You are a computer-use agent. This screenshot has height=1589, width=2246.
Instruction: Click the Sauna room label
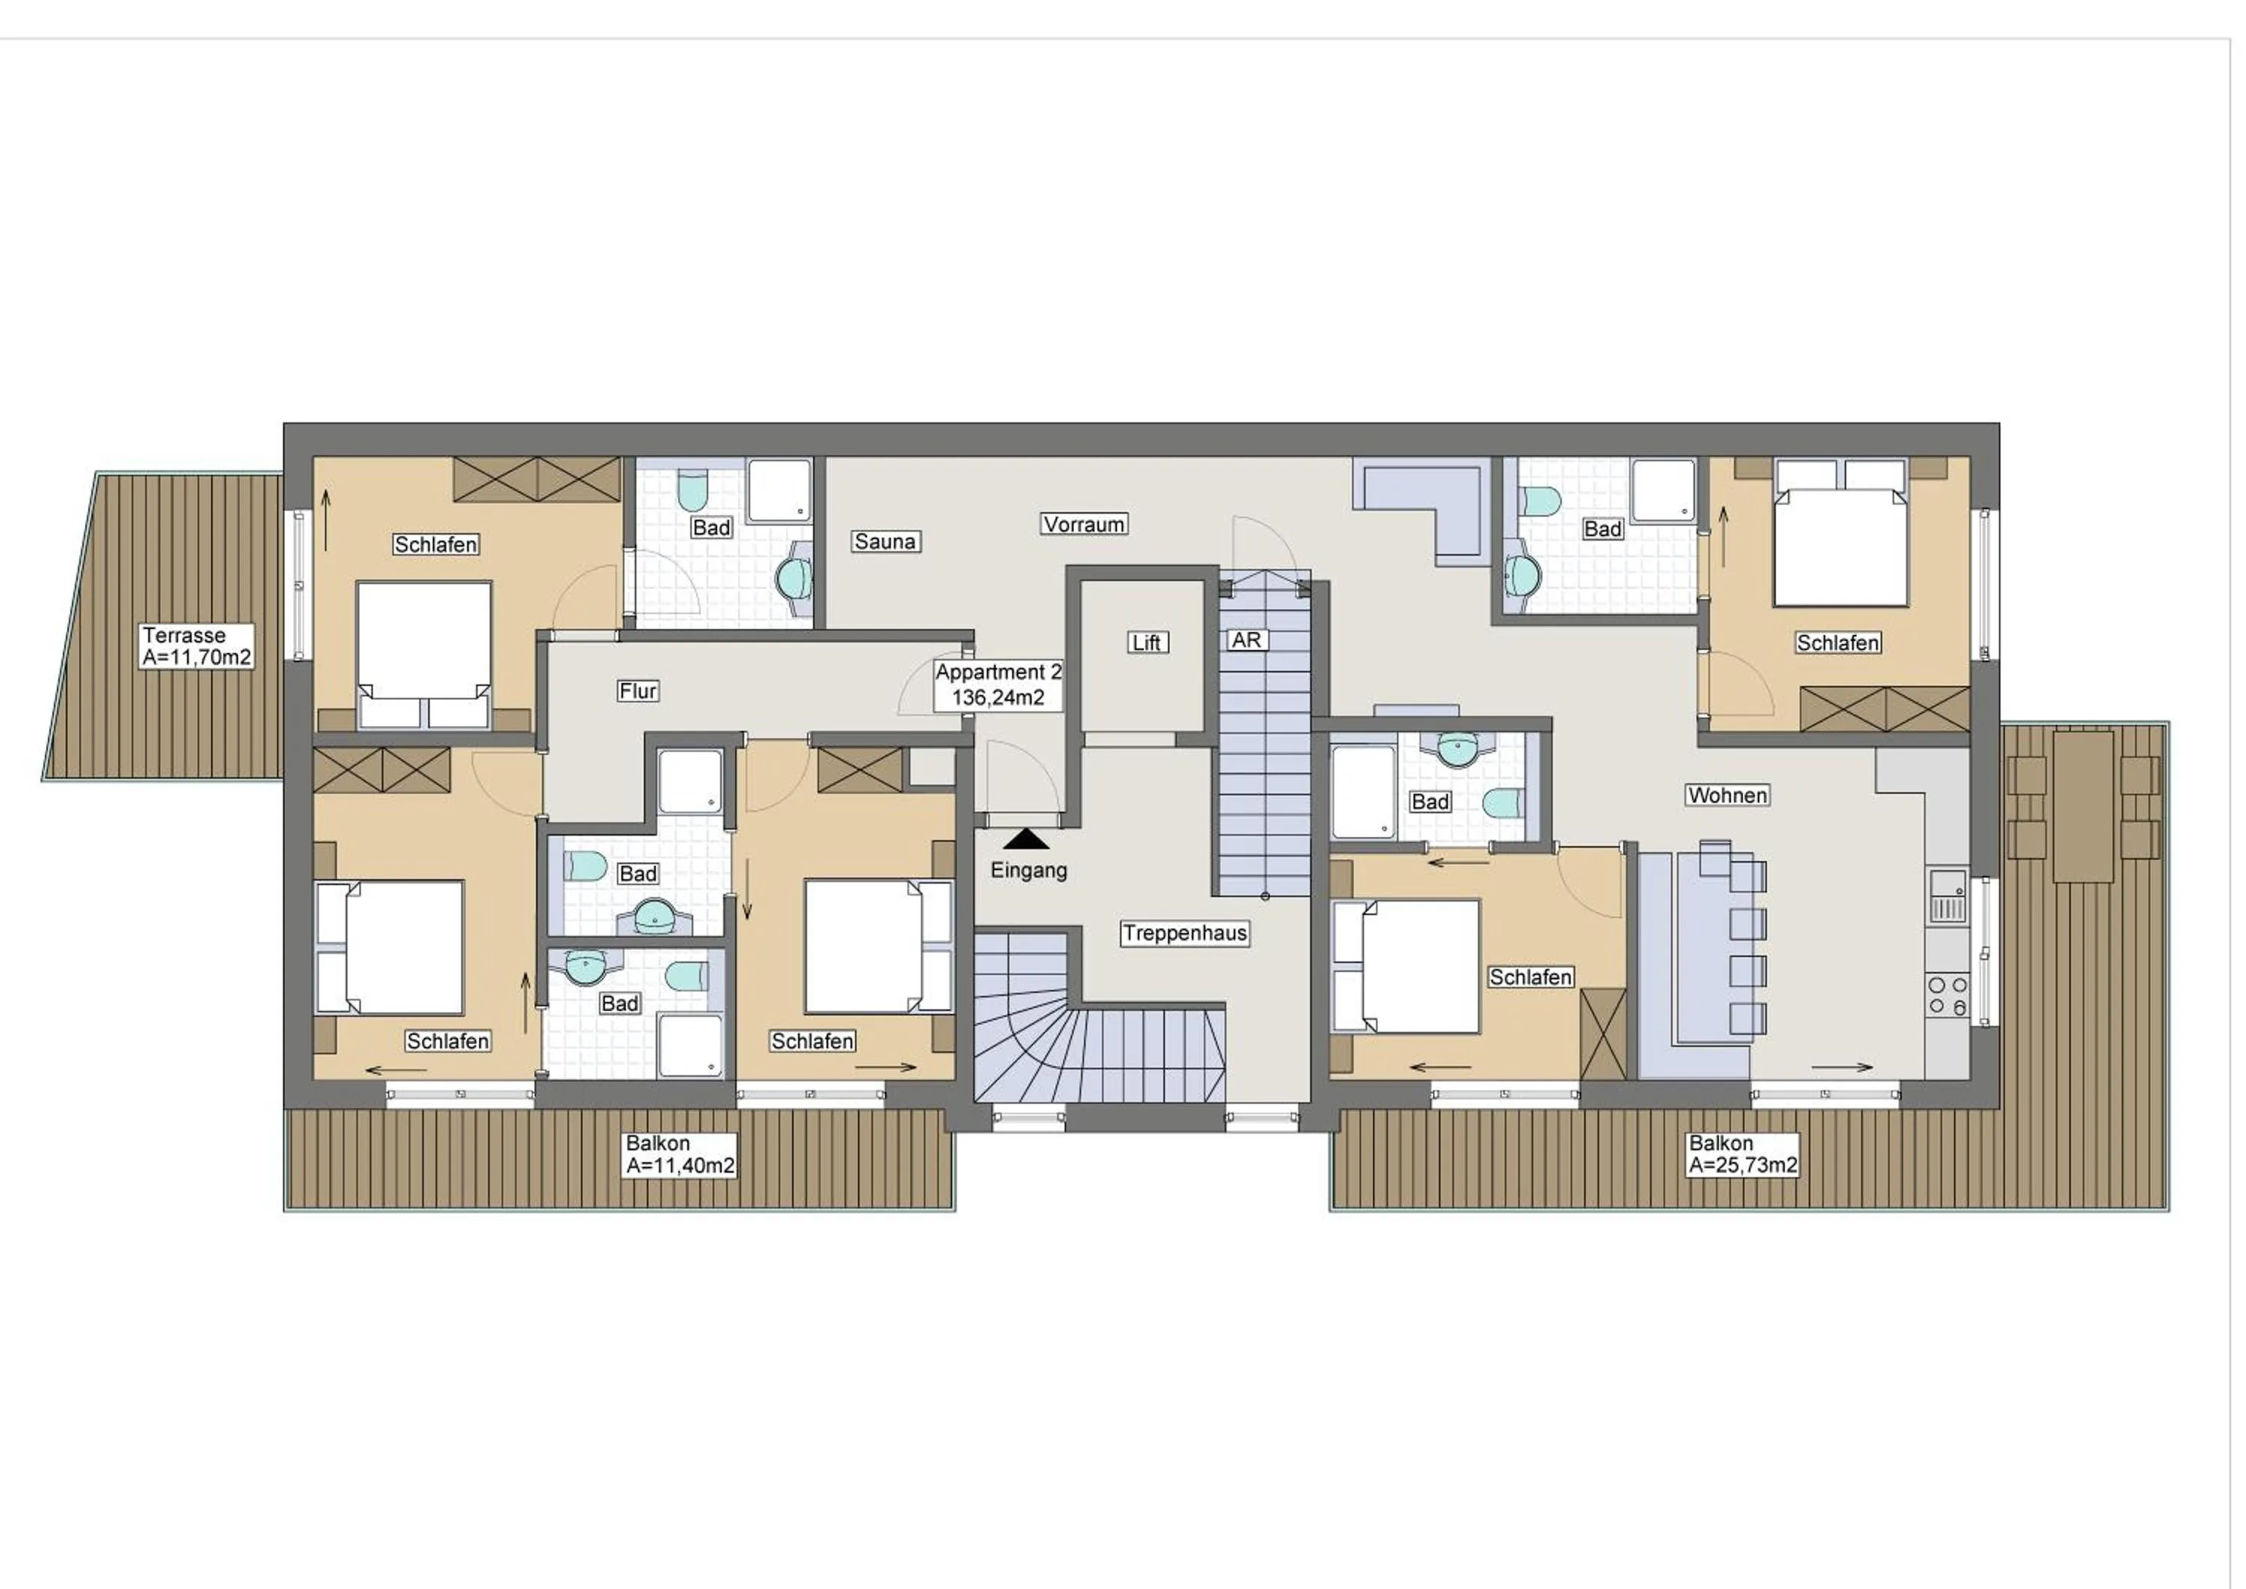884,541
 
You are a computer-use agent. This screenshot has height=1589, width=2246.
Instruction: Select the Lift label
1146,642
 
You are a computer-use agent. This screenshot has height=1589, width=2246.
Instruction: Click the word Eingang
1028,870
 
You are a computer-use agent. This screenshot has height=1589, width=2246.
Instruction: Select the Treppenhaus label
1184,934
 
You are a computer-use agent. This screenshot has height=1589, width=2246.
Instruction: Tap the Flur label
638,690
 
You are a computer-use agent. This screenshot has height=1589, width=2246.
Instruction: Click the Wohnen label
1726,795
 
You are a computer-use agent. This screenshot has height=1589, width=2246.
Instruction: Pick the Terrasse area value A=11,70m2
197,657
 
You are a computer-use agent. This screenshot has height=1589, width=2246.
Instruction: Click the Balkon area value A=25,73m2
1742,1165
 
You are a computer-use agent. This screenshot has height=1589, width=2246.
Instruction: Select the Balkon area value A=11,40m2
680,1165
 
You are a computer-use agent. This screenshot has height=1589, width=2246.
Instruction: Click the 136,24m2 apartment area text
998,698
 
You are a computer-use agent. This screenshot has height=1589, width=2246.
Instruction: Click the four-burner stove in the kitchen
1947,995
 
